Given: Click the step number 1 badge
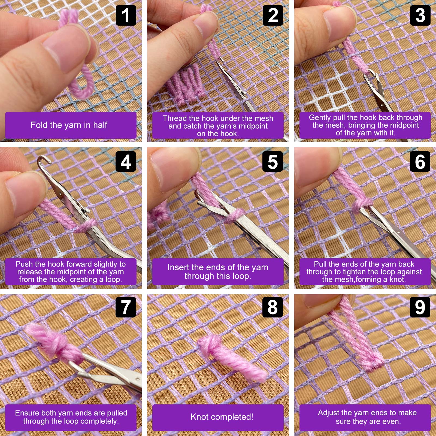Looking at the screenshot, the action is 126,16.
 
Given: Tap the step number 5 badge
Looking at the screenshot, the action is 273,162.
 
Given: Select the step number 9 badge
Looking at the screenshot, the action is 420,307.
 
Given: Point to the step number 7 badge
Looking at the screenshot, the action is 126,307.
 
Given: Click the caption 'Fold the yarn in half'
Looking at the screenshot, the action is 69,125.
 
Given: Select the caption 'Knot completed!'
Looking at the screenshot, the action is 222,417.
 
